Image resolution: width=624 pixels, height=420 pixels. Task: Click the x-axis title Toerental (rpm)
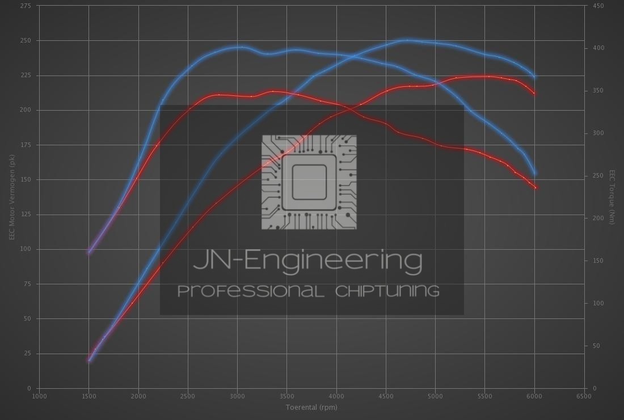[311, 407]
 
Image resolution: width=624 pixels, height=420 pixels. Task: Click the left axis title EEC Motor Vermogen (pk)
[12, 196]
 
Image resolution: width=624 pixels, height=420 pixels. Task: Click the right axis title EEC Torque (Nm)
[612, 196]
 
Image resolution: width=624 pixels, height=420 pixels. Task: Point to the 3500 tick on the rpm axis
[287, 396]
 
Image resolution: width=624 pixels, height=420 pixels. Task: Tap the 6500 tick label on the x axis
[584, 396]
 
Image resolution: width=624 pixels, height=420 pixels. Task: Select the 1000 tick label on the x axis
[39, 396]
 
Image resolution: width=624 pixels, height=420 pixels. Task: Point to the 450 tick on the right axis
[598, 6]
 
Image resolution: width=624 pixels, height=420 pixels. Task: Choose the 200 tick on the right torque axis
[598, 219]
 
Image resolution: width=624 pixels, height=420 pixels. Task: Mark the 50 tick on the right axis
[596, 346]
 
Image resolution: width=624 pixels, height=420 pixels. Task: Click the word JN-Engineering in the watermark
[308, 261]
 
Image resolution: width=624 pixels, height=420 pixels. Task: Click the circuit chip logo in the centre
[309, 182]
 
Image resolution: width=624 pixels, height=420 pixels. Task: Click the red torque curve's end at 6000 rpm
[535, 187]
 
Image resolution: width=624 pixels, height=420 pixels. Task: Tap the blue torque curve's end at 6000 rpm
[535, 173]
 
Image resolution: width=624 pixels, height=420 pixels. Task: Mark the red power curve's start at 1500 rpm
[88, 359]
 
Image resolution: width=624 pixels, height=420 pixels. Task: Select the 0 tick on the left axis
[29, 388]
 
